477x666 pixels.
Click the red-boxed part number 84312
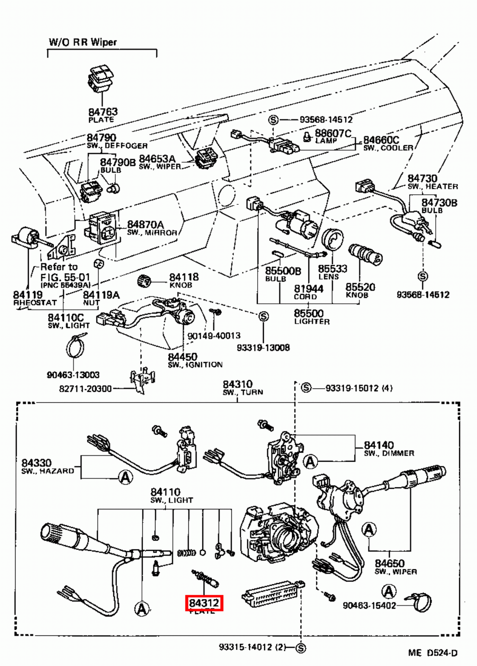point(204,603)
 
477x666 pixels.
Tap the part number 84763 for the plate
point(103,112)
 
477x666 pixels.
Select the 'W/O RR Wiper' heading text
point(83,42)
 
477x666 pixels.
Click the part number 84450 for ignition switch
point(182,357)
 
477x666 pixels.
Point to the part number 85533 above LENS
point(333,269)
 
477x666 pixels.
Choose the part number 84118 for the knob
point(184,277)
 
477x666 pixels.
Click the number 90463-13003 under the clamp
point(73,375)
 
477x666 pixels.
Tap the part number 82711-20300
point(85,389)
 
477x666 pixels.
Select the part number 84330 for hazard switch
point(37,463)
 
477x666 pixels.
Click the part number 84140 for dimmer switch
point(379,445)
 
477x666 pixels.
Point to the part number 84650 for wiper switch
point(390,563)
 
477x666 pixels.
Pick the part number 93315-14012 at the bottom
point(252,647)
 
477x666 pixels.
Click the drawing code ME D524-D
point(432,653)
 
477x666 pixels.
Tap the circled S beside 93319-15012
point(306,388)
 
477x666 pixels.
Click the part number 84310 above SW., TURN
point(238,384)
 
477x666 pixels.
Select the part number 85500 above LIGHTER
point(308,313)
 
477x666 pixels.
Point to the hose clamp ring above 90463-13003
point(75,346)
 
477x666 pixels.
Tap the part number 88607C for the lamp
point(333,133)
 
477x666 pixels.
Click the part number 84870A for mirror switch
point(145,225)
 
